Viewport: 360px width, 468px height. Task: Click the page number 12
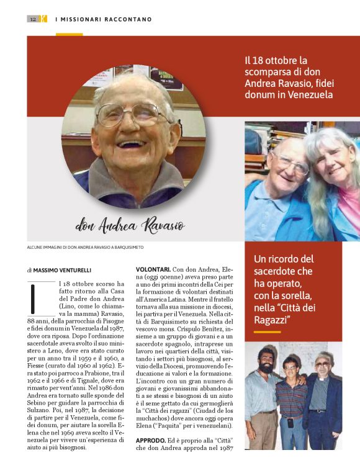coord(32,19)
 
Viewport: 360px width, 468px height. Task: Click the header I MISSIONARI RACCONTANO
coord(103,19)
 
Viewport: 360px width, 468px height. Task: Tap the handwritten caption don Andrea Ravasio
coord(130,225)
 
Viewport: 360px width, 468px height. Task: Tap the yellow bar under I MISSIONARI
coord(69,34)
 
